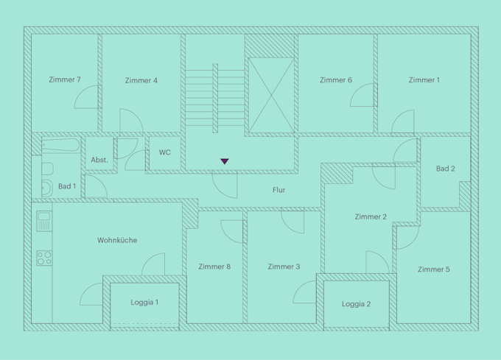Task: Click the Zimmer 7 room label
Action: (x=65, y=80)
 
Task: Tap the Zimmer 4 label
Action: (x=141, y=80)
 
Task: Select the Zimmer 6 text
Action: (x=336, y=80)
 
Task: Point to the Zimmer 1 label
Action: (x=424, y=80)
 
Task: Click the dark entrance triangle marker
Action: (x=225, y=161)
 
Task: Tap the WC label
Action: (x=165, y=152)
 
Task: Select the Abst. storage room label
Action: (x=99, y=160)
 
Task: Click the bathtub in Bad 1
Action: (x=60, y=145)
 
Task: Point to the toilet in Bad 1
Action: (x=47, y=169)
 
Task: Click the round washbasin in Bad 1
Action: (x=47, y=188)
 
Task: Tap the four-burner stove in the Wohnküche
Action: (x=44, y=258)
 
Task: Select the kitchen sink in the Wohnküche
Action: (x=44, y=221)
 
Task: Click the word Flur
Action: (x=278, y=190)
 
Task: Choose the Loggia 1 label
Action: (x=144, y=303)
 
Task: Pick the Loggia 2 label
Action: (x=356, y=304)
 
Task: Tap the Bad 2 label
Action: (x=446, y=169)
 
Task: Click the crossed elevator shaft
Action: (x=271, y=95)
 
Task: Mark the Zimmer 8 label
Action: (x=214, y=267)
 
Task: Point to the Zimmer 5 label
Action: (x=433, y=269)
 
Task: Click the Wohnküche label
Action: (x=117, y=240)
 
